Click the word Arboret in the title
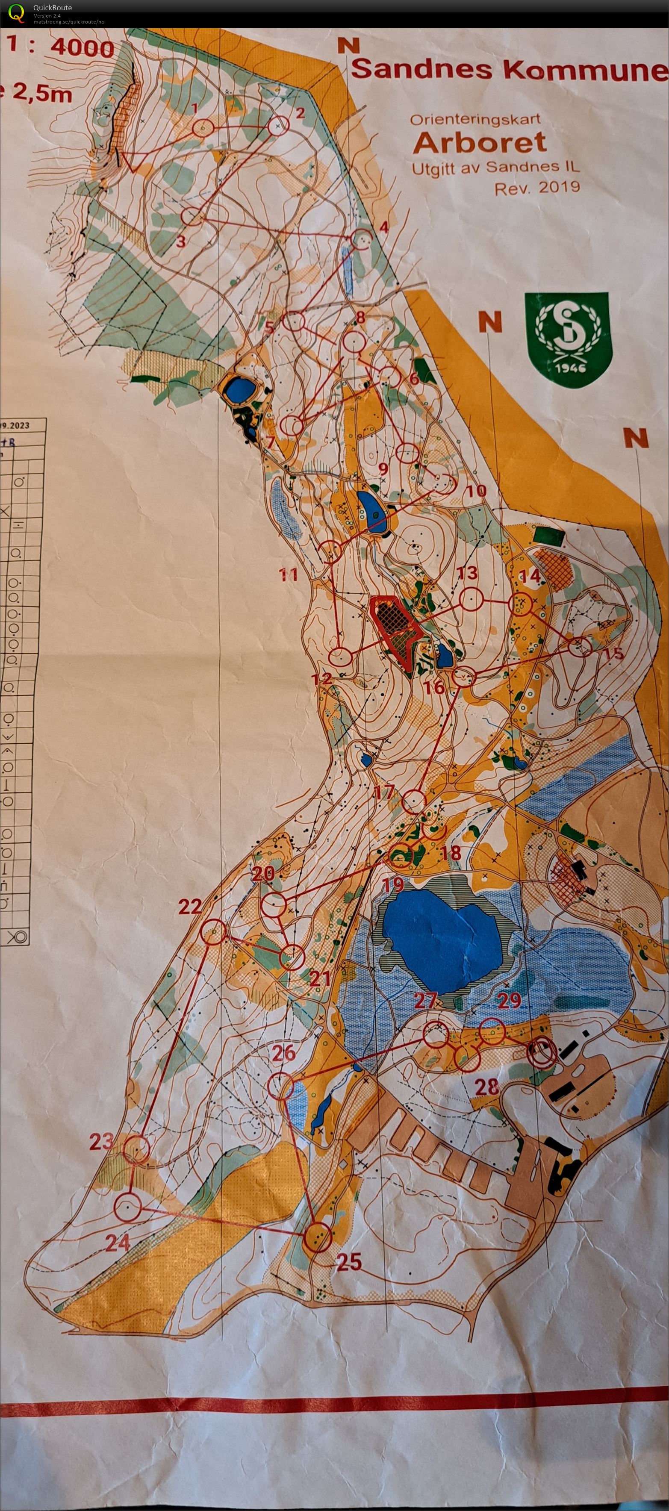(x=480, y=142)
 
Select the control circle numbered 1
(x=203, y=127)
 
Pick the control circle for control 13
(x=471, y=599)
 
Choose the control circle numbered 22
(x=214, y=931)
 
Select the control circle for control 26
(x=281, y=1086)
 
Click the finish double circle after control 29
(x=542, y=1052)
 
